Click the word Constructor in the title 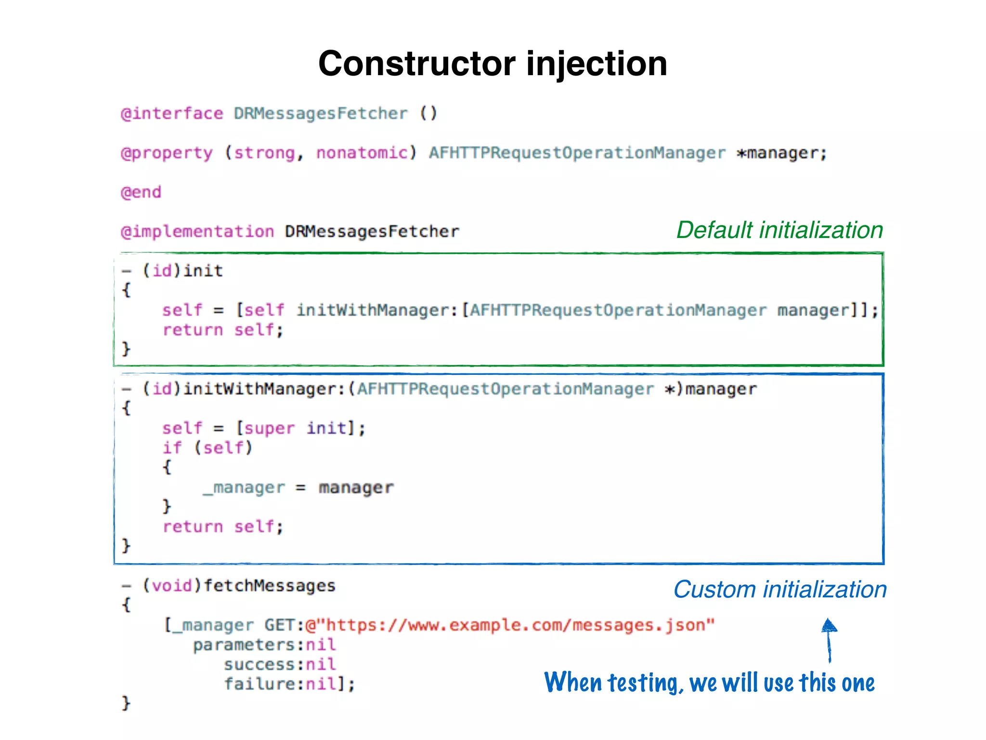coord(416,64)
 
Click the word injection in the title coord(597,64)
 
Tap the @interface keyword coord(172,114)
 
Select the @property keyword coord(167,153)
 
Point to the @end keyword coord(141,192)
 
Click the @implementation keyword coord(197,232)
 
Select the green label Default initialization coord(779,230)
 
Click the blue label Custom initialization coord(779,590)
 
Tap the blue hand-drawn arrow coord(829,640)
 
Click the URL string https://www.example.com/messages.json coord(510,625)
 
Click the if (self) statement coord(207,448)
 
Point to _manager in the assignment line coord(244,488)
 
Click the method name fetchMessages coord(269,586)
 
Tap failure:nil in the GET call coord(289,684)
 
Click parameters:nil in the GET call coord(264,645)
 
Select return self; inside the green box coord(222,330)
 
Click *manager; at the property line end coord(782,153)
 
